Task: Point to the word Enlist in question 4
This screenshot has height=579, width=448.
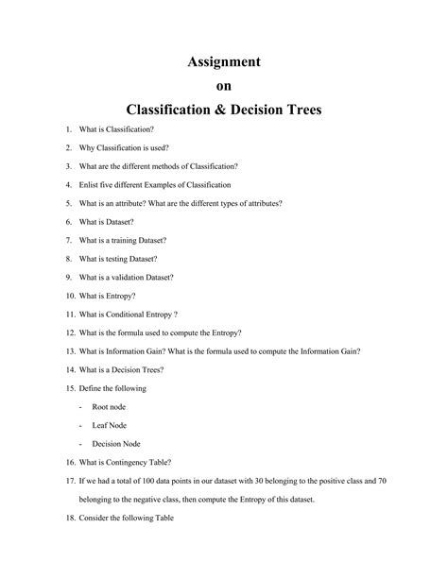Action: pyautogui.click(x=93, y=184)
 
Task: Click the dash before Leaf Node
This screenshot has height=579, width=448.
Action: pyautogui.click(x=80, y=425)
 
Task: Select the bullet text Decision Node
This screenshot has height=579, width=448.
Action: pyautogui.click(x=116, y=443)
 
